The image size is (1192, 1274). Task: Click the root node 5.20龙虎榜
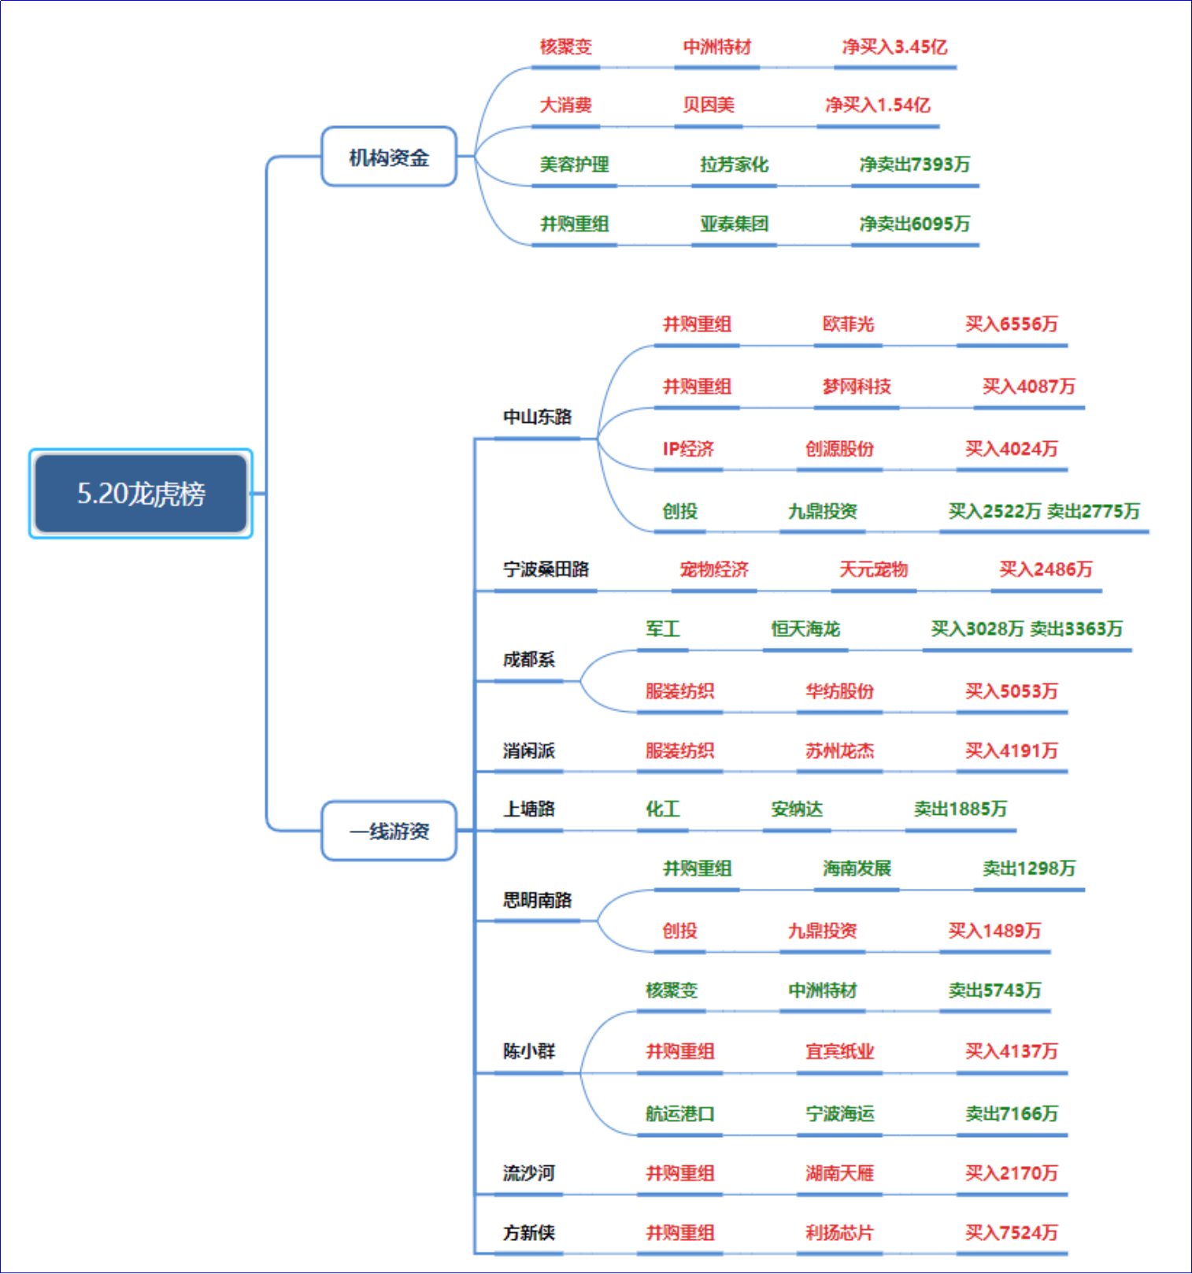click(141, 494)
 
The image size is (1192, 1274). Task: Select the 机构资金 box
click(389, 157)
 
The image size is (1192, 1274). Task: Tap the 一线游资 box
click(389, 831)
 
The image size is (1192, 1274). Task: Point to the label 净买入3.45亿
click(894, 46)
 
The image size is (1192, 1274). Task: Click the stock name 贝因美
click(709, 105)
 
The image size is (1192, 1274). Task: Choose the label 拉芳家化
click(735, 165)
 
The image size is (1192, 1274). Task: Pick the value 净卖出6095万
click(915, 224)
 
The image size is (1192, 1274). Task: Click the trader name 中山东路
click(538, 417)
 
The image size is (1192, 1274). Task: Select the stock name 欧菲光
click(848, 324)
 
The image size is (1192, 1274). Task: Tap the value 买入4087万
click(1029, 386)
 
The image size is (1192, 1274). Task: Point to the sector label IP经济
click(688, 449)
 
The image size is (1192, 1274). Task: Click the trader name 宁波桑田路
click(546, 569)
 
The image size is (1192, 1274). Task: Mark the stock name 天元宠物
click(874, 569)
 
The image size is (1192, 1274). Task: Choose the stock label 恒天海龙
click(805, 628)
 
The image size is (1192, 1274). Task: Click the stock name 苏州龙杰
click(839, 750)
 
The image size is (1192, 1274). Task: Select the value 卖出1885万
click(961, 809)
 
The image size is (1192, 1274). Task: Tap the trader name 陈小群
click(529, 1051)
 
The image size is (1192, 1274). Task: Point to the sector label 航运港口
click(679, 1113)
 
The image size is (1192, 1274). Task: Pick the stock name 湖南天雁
click(839, 1173)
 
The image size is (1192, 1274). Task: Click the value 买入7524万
click(1012, 1232)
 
